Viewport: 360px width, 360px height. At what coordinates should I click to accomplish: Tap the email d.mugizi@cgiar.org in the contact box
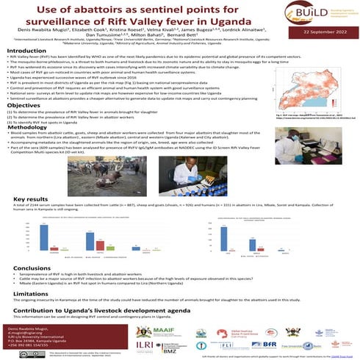[28, 331]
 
